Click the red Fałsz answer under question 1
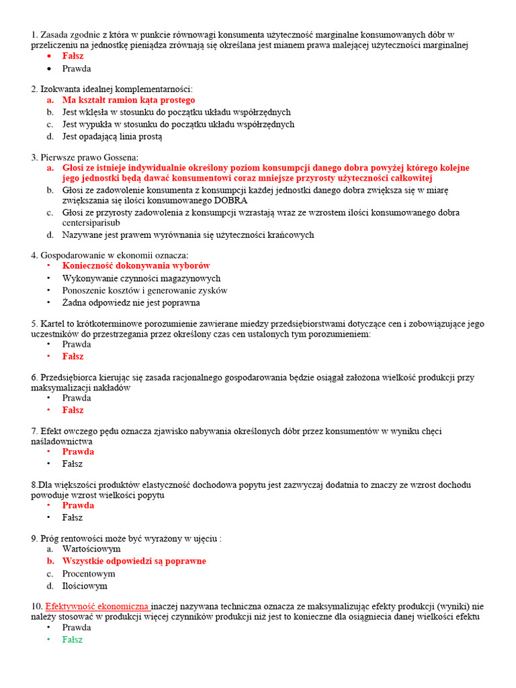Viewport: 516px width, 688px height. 73,56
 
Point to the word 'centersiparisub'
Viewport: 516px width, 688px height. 91,222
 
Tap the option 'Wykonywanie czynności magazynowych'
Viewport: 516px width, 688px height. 141,278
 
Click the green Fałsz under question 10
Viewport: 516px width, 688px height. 73,640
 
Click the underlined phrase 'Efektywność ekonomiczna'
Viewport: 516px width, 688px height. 97,605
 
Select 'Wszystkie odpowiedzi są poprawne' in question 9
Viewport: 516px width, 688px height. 134,561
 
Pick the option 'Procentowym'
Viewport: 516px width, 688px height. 89,574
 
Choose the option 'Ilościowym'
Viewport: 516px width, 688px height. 85,586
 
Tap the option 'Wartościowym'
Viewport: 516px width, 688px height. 91,549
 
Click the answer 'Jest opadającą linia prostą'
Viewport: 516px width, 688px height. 112,136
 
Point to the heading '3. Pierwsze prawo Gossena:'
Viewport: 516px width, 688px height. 85,157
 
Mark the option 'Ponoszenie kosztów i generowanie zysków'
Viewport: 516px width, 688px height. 144,291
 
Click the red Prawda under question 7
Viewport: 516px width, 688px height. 78,451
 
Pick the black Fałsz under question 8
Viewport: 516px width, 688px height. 73,517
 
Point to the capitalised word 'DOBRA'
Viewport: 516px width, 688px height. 231,200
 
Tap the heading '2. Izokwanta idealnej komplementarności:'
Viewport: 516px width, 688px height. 112,89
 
